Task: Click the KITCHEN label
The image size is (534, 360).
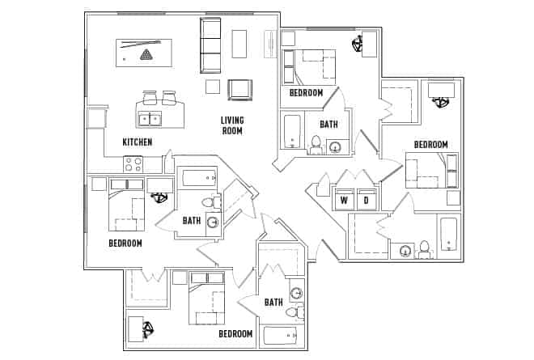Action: pyautogui.click(x=137, y=142)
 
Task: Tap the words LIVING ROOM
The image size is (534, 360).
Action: pyautogui.click(x=232, y=125)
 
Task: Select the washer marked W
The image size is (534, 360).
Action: pyautogui.click(x=344, y=200)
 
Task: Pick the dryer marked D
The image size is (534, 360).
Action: pyautogui.click(x=366, y=200)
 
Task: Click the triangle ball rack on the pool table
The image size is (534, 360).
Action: pyautogui.click(x=146, y=55)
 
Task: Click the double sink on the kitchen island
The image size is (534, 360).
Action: pyautogui.click(x=150, y=119)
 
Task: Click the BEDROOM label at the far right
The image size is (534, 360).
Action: pyautogui.click(x=430, y=145)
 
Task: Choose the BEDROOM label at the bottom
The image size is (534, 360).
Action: pyautogui.click(x=235, y=333)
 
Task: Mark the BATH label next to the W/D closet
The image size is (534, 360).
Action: pyautogui.click(x=328, y=125)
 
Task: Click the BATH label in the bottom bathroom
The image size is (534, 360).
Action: pyautogui.click(x=273, y=303)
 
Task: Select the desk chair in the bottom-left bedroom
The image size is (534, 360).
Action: pyautogui.click(x=148, y=329)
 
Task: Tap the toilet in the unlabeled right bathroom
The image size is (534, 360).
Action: pyautogui.click(x=423, y=248)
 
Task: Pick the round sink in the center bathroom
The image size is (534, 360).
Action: pyautogui.click(x=213, y=223)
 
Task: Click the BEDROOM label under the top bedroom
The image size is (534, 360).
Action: pyautogui.click(x=306, y=93)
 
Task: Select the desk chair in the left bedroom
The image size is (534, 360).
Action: pyautogui.click(x=160, y=197)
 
